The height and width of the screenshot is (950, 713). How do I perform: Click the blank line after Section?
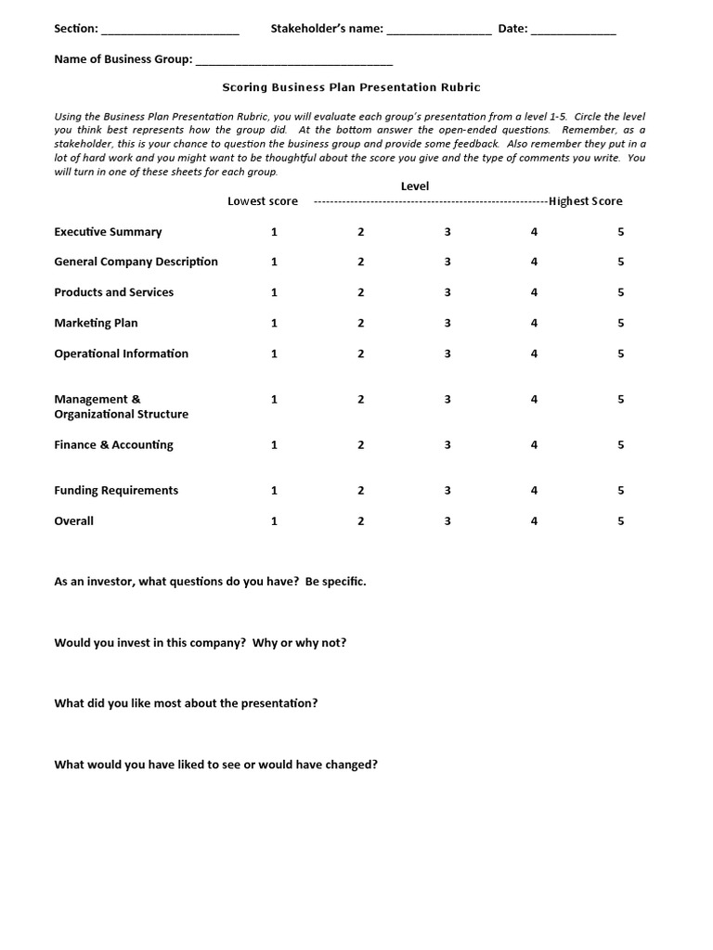170,32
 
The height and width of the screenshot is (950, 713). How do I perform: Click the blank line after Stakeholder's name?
439,32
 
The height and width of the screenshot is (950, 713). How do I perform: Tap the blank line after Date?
574,32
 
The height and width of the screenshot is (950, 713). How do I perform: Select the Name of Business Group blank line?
294,62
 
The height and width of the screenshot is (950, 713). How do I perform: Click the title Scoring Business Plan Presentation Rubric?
351,87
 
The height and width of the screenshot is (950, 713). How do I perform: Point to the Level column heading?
415,186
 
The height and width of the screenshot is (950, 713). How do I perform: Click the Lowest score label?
263,201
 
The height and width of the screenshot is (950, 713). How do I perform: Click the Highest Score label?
586,201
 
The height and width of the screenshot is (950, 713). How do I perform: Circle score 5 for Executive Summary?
620,232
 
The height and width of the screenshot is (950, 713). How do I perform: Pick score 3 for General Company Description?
447,263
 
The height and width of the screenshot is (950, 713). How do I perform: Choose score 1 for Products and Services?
274,292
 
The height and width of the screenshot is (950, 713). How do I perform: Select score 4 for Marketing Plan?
534,323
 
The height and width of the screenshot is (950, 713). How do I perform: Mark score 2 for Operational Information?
361,353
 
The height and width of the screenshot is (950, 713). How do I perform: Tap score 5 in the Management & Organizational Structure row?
620,400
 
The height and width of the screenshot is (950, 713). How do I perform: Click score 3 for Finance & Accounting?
447,445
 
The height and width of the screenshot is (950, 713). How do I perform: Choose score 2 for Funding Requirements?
361,491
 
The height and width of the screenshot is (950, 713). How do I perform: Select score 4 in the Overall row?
534,521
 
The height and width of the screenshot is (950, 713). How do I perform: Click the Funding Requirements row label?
116,491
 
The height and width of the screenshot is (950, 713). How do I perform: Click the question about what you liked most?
186,703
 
